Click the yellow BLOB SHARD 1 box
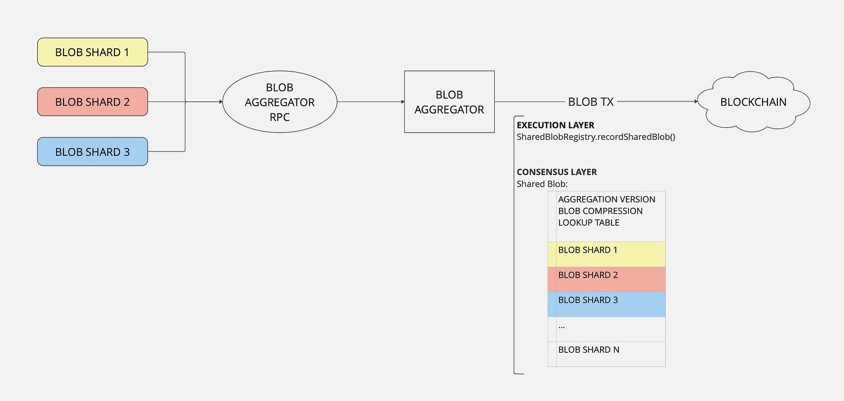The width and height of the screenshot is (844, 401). pyautogui.click(x=92, y=52)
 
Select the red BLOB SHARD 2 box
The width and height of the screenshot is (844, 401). pyautogui.click(x=92, y=102)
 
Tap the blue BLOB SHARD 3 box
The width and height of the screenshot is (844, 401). pyautogui.click(x=92, y=152)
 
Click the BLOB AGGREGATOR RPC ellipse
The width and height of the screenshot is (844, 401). pyautogui.click(x=279, y=102)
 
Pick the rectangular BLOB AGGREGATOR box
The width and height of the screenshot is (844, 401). pyautogui.click(x=449, y=102)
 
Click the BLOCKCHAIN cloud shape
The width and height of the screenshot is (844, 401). pyautogui.click(x=753, y=102)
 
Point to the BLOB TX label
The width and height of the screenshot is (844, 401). pyautogui.click(x=590, y=102)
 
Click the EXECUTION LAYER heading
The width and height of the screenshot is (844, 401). pyautogui.click(x=555, y=125)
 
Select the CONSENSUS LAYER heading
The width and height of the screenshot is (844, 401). pyautogui.click(x=557, y=172)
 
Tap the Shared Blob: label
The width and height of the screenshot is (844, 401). pyautogui.click(x=542, y=183)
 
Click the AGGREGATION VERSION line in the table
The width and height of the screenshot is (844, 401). pyautogui.click(x=606, y=199)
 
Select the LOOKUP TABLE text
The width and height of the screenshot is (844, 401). pyautogui.click(x=588, y=223)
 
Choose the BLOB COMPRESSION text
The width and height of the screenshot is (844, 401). pyautogui.click(x=600, y=211)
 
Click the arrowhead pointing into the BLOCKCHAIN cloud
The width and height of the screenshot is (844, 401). pyautogui.click(x=694, y=102)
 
